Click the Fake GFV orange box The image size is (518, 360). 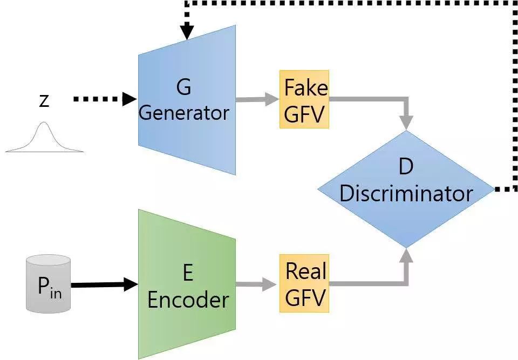(304, 99)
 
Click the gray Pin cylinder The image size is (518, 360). (49, 284)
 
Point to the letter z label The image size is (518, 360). (44, 100)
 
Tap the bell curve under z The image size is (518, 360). (44, 138)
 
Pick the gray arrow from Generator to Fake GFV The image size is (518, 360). (257, 99)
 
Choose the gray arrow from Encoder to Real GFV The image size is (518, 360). (256, 284)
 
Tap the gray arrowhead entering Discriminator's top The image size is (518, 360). (406, 123)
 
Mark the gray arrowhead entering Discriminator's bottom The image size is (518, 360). (406, 256)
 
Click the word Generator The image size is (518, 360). (184, 113)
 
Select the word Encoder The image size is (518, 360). (188, 300)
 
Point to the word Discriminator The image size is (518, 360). (406, 193)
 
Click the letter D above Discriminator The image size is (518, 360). (406, 167)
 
